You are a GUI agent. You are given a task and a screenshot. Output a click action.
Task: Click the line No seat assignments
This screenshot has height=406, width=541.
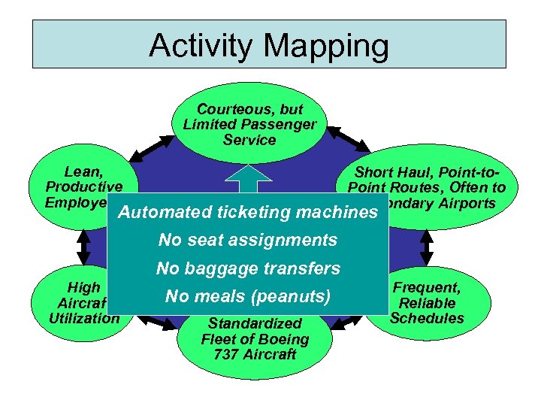coord(247,241)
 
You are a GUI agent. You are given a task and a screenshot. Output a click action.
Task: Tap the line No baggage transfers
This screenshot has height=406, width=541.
coord(248,268)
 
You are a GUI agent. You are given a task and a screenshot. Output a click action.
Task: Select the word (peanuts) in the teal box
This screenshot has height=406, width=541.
coord(289,296)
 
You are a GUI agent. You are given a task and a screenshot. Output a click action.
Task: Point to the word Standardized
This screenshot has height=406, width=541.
coord(255,323)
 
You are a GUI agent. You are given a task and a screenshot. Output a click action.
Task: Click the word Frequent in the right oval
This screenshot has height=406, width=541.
coord(427,287)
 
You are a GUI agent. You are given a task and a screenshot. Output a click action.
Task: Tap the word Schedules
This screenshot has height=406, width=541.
coord(427,318)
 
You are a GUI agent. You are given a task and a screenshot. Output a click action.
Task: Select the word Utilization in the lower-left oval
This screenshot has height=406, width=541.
coord(84,318)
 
